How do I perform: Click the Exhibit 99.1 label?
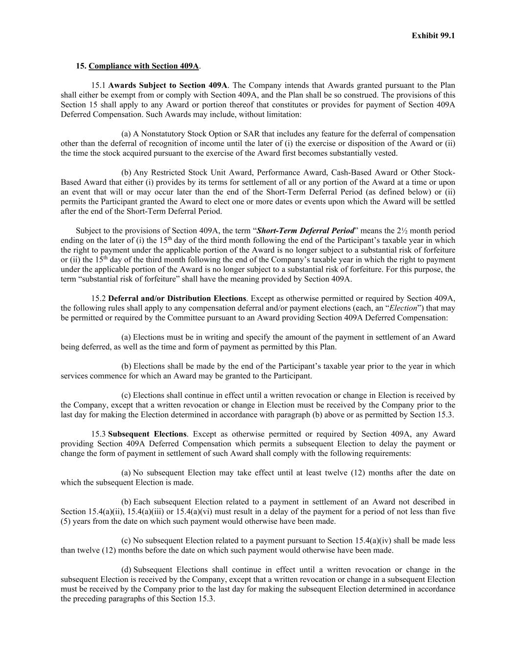click(x=433, y=36)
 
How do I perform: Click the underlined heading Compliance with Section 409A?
click(x=143, y=66)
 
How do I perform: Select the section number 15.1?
click(x=98, y=85)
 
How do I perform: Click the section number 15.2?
click(x=98, y=299)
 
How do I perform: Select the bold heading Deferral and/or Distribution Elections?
click(x=177, y=299)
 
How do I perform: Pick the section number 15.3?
click(x=98, y=434)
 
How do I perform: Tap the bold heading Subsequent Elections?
click(x=147, y=434)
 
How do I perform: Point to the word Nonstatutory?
click(x=163, y=134)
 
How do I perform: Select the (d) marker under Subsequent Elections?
click(x=126, y=570)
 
